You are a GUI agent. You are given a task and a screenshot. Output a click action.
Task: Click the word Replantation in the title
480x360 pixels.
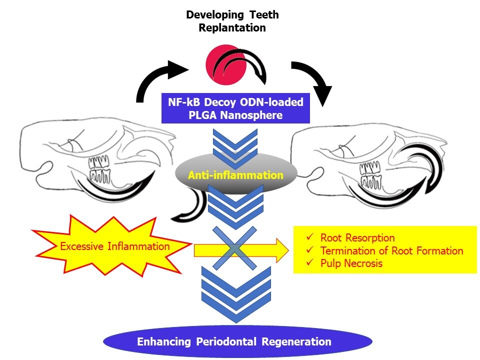click(232, 27)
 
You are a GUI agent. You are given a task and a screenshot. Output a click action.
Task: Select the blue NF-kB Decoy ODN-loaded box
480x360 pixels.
click(235, 108)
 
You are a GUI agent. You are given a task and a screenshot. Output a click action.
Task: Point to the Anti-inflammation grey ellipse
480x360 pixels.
click(236, 174)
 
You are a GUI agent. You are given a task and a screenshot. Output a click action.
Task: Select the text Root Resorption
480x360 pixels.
click(357, 238)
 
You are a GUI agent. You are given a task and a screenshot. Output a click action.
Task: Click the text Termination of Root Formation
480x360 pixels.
click(392, 250)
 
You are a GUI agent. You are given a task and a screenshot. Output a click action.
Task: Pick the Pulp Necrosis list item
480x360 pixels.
click(351, 263)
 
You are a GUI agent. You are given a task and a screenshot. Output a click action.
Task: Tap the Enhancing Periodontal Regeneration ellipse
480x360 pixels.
click(237, 341)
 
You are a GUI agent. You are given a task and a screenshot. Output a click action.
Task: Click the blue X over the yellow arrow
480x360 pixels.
click(234, 248)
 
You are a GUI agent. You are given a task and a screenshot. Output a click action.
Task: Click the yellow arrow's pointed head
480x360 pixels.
click(282, 250)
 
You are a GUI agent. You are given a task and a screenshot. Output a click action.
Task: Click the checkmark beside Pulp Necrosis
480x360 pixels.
click(310, 262)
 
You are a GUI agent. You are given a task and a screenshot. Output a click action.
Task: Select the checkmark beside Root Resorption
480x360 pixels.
click(310, 237)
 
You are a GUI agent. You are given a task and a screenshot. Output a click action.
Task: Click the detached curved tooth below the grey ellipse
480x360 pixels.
click(192, 205)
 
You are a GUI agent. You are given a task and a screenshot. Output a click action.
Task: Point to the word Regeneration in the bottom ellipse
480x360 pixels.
click(296, 341)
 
